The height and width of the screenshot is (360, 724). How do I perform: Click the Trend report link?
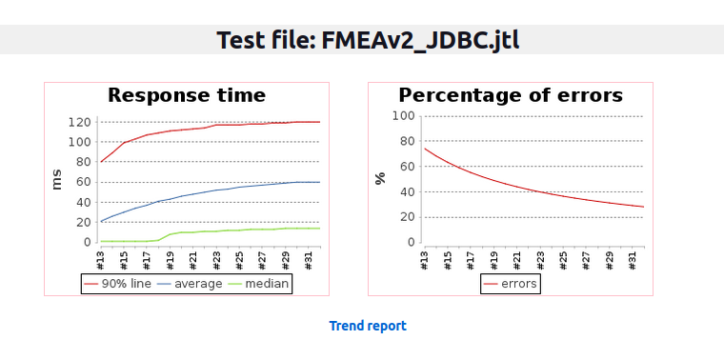[368, 326]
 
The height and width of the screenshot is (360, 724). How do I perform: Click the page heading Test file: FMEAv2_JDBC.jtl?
[368, 40]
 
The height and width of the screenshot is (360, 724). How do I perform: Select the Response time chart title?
[186, 95]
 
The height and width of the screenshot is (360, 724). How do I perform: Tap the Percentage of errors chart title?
[510, 95]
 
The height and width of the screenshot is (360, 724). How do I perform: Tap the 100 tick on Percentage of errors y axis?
[403, 116]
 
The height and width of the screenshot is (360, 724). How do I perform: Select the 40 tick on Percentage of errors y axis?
[407, 191]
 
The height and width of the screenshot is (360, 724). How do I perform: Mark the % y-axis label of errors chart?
[380, 179]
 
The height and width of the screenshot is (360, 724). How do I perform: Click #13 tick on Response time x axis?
[101, 258]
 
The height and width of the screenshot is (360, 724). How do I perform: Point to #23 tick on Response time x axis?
[216, 258]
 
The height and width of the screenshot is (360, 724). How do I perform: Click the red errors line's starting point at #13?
[425, 149]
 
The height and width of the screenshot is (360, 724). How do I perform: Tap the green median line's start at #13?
[101, 241]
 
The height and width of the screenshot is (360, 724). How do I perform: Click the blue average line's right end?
[319, 182]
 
